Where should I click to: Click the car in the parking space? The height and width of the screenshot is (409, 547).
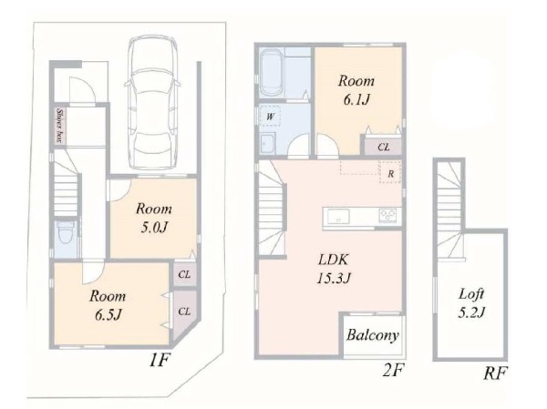153,103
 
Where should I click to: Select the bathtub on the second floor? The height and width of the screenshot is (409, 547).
272,73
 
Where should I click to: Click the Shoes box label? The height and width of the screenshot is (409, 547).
60,126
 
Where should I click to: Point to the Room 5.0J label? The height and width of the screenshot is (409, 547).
154,218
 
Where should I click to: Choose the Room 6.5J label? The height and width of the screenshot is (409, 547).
108,305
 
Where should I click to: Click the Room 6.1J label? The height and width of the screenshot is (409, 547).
356,90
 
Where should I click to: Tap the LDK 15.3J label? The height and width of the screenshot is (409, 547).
334,269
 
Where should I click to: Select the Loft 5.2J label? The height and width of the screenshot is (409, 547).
471,303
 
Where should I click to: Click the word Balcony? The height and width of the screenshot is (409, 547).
373,335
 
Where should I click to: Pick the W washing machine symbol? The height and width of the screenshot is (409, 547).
269,117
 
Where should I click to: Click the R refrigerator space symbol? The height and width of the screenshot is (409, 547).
390,173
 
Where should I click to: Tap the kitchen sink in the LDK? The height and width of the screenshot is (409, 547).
337,216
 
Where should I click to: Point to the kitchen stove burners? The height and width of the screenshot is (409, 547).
387,215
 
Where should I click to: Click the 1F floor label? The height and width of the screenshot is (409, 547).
160,360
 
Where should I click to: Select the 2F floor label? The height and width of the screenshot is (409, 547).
393,371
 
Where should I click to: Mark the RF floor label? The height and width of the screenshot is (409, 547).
495,373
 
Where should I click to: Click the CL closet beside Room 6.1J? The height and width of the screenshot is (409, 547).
383,146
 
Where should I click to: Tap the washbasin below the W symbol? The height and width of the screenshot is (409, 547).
267,143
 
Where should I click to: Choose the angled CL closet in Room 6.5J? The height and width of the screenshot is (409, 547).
183,313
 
